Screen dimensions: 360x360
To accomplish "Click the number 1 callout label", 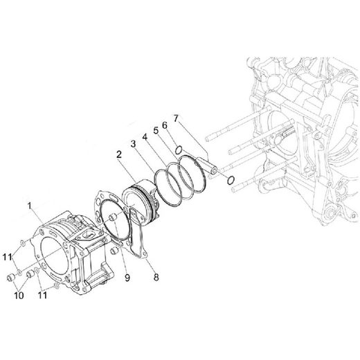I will coord(30,206).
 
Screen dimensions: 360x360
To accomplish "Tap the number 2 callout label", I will coord(120,158).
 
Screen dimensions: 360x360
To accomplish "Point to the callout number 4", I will coord(145,138).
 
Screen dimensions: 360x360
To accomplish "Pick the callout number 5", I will coord(156,131).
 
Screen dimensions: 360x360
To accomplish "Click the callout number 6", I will coord(164,125).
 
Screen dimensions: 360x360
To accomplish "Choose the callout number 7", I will coord(177,120).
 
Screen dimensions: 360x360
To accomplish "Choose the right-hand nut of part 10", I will coord(31,276).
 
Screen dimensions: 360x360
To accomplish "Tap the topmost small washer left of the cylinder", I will coord(24,244).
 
